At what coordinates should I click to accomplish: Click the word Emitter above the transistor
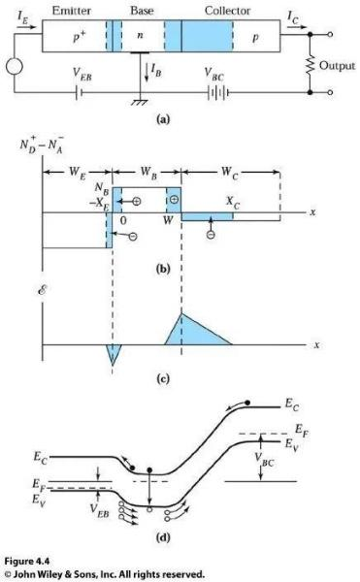71,11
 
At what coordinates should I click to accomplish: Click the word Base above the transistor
142,11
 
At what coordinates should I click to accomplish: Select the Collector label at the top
227,11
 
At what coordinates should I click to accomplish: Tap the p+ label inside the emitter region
79,37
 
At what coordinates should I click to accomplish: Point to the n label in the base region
140,36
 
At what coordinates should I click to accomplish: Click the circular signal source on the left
15,67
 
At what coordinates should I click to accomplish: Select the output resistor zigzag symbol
310,65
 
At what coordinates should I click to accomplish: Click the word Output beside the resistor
337,66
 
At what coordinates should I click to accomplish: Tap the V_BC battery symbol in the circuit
218,93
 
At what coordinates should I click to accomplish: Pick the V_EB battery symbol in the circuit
79,92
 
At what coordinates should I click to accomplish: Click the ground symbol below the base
140,102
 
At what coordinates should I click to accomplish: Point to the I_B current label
156,70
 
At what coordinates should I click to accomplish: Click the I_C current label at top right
293,16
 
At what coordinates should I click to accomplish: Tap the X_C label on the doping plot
233,203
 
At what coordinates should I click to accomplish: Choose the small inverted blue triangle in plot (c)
114,351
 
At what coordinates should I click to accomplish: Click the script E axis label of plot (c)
42,290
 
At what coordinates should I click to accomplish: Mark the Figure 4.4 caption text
27,561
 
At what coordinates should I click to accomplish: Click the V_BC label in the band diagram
265,459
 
